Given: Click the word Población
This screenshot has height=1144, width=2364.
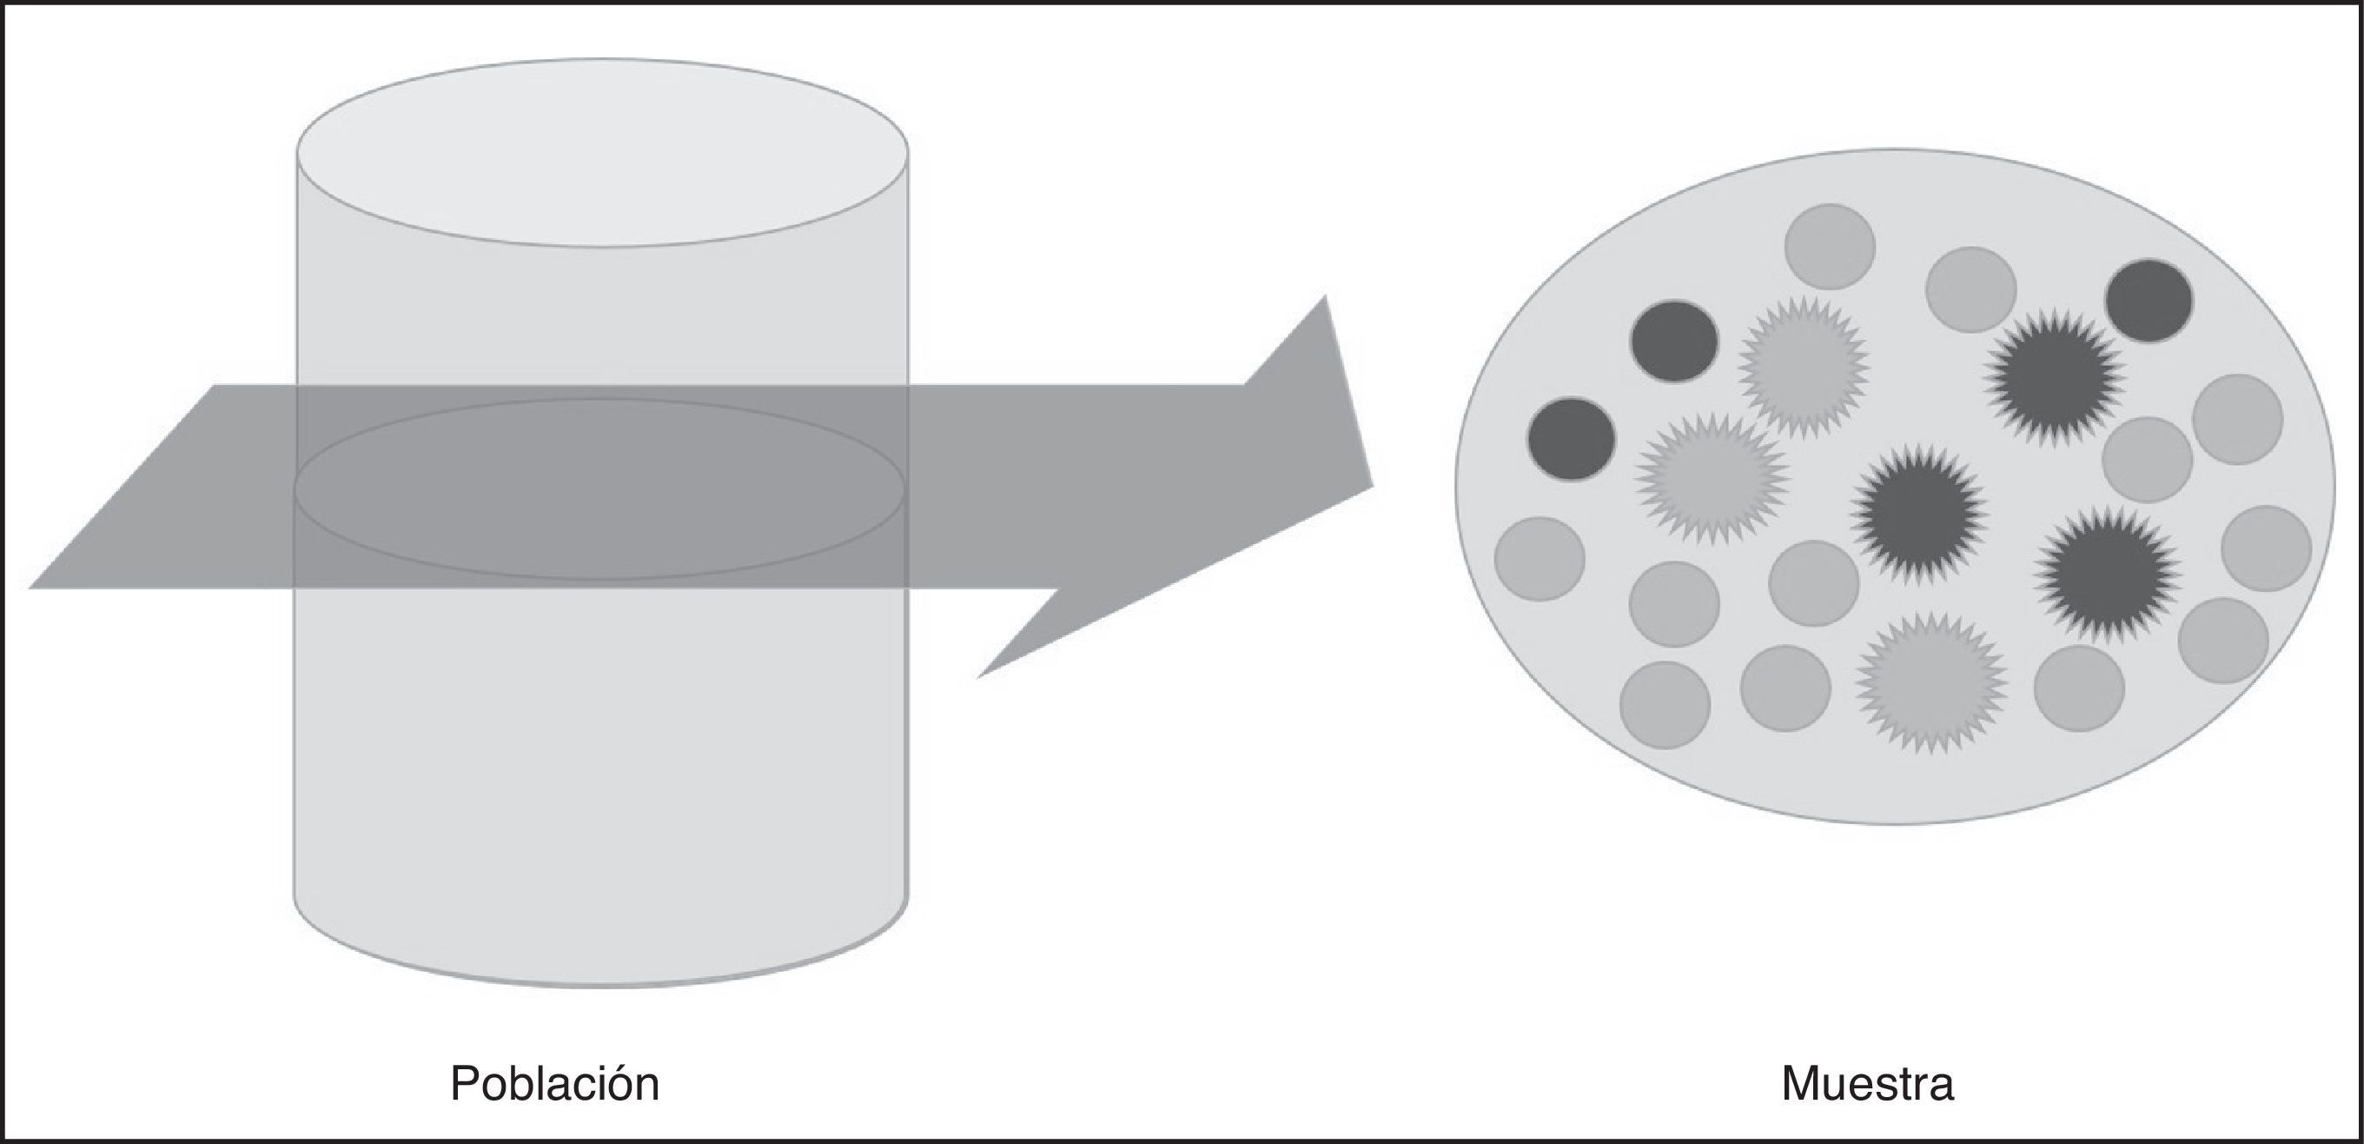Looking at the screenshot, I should tap(554, 1083).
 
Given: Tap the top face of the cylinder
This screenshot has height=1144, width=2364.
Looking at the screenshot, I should tap(602, 152).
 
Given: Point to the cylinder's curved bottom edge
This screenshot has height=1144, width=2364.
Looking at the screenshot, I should tap(602, 984).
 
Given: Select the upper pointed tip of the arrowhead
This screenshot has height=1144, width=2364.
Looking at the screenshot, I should tap(1323, 299).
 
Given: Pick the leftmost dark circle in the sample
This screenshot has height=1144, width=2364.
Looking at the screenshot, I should tap(1571, 440).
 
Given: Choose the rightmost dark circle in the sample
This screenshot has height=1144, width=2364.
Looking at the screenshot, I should tap(2149, 300).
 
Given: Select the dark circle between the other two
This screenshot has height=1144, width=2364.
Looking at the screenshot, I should tap(1674, 342).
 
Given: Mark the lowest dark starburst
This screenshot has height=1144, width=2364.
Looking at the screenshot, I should tap(2107, 575).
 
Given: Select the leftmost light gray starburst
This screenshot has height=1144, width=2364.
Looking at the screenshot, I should tap(1712, 477).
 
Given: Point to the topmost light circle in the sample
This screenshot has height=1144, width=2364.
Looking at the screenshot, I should tap(1830, 246).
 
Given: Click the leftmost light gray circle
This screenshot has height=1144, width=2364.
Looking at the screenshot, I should tap(1540, 559).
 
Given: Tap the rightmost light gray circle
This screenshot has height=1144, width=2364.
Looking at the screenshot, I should tap(2267, 549).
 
